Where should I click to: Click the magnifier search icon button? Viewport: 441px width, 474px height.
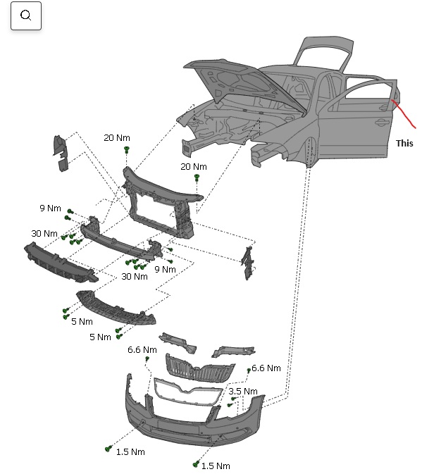coord(26,15)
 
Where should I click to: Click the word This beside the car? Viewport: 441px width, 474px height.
coord(404,143)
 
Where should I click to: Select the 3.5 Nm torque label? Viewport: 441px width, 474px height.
coord(243,391)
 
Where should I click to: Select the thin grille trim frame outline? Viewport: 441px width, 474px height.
coord(187,391)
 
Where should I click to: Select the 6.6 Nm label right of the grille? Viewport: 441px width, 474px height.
coord(266,368)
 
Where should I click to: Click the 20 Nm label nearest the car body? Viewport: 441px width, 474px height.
coord(194,167)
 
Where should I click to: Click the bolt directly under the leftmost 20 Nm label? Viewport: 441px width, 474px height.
coord(127,150)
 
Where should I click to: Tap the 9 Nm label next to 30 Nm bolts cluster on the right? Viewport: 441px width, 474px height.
coord(165,269)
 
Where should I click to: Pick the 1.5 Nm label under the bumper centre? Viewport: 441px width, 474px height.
coord(216,466)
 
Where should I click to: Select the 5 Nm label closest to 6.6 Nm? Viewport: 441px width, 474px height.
coord(100,337)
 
